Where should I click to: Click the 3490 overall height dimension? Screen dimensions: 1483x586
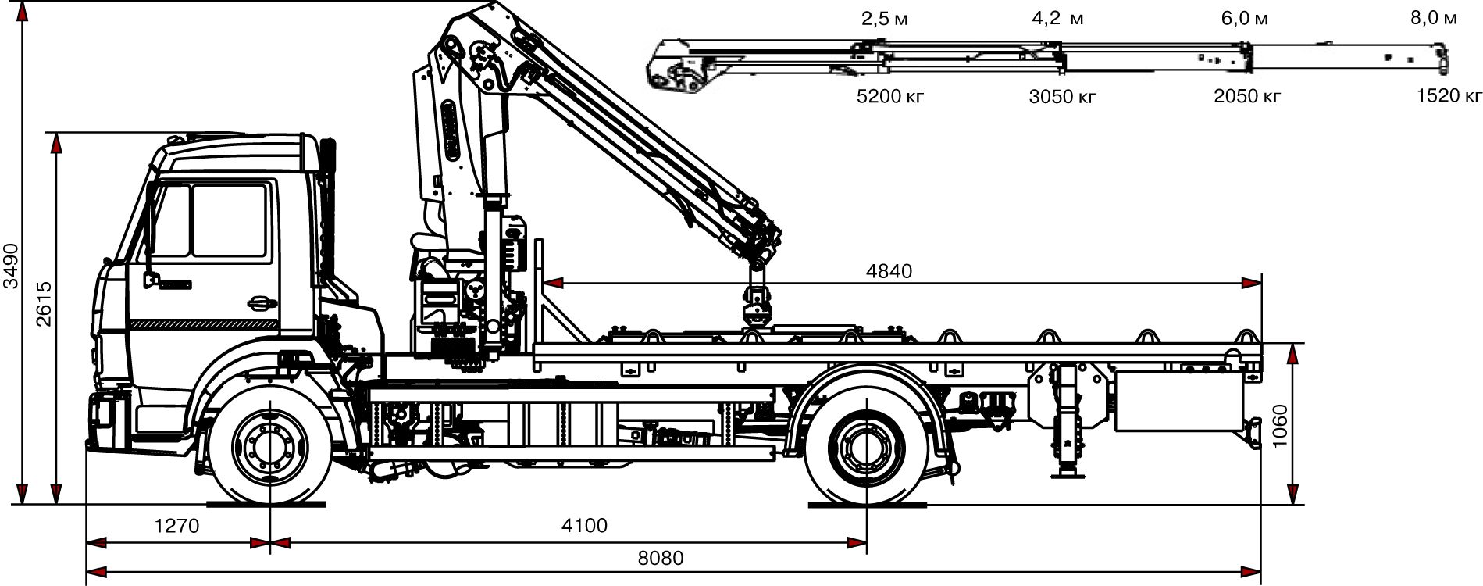click(x=9, y=264)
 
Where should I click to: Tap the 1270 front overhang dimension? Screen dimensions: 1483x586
click(x=177, y=525)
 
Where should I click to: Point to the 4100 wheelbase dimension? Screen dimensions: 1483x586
click(x=584, y=525)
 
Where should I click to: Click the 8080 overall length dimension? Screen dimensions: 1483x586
click(x=660, y=559)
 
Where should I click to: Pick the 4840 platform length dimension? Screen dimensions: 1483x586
click(x=889, y=271)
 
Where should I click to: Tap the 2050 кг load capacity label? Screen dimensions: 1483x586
click(x=1247, y=96)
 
